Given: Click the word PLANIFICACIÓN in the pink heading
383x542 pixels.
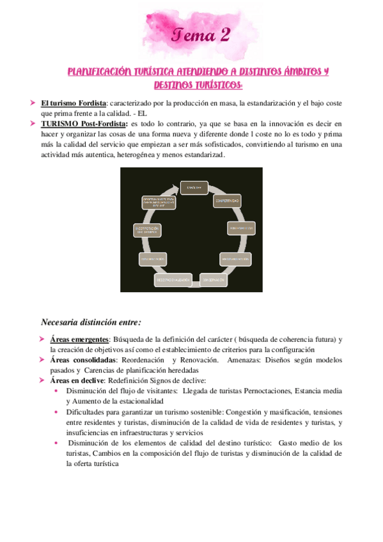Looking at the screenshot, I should (95, 72).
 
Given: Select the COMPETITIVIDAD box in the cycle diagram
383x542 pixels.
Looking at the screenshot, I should (227, 201).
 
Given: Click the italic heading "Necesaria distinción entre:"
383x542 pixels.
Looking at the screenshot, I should (91, 321).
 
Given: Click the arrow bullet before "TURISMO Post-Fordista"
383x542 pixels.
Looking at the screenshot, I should (33, 123).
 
